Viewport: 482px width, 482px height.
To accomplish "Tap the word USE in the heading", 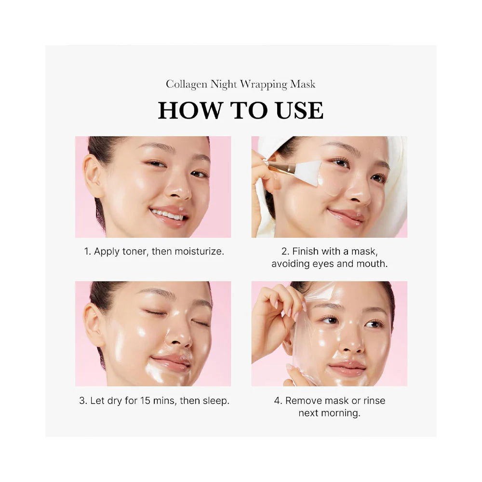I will pos(299,110).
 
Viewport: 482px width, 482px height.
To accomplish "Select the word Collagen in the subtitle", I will pos(187,84).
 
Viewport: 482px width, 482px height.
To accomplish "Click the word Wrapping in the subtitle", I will pos(264,84).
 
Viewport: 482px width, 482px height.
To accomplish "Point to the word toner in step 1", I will pos(134,251).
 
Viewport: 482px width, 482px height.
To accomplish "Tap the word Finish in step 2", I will pos(305,251).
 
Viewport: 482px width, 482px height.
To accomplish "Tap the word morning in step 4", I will pos(342,413).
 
